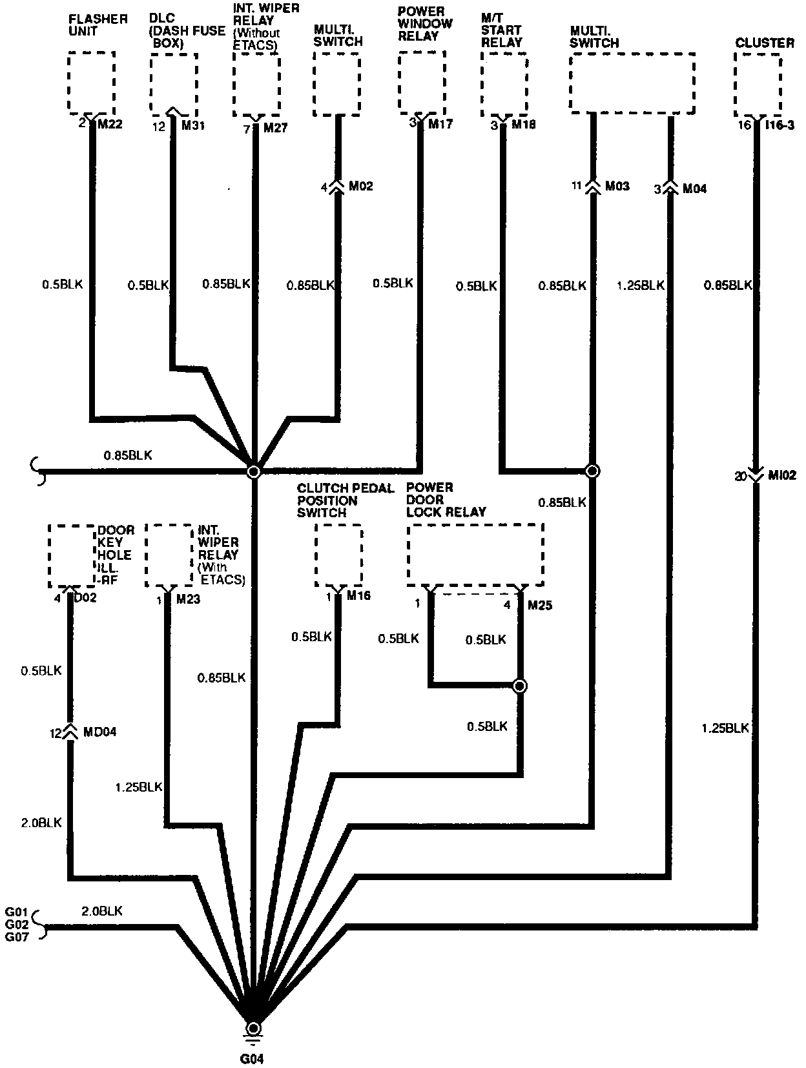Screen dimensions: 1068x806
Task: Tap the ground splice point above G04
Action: coord(254,1028)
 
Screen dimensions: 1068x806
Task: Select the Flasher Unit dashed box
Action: coord(91,83)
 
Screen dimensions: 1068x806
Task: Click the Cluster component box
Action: coord(758,83)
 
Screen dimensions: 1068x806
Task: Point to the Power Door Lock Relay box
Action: coord(475,555)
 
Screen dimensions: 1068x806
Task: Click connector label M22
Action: coord(110,124)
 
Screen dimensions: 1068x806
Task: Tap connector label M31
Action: coord(193,125)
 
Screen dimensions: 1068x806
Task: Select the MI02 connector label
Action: coord(781,476)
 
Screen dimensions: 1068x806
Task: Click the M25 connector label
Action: coord(540,606)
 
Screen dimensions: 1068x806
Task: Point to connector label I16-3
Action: coord(780,125)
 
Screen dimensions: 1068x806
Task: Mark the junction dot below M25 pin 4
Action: coord(520,686)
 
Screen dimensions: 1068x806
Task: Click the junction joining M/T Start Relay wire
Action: coord(592,471)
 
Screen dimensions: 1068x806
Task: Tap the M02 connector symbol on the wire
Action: coord(336,187)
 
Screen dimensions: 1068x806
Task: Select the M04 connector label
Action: coord(694,189)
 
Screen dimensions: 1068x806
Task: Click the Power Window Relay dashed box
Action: coord(422,81)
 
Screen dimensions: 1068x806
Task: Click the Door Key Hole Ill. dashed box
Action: coord(72,556)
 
